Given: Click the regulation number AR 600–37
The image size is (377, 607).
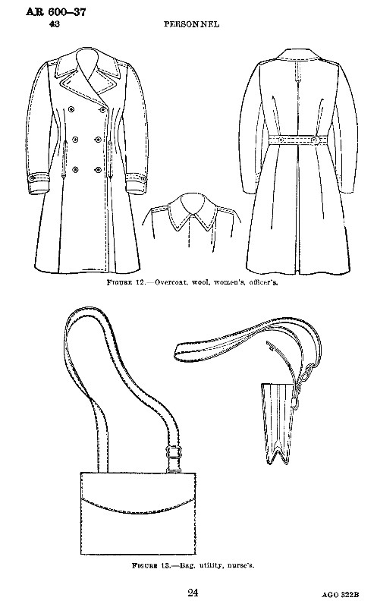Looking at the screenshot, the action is click(x=56, y=11).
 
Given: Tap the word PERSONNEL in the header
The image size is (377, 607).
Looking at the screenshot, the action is click(x=192, y=24).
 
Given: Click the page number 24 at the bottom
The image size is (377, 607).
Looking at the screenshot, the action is click(x=193, y=593).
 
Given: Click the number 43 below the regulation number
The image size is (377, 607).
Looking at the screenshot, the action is click(x=54, y=24).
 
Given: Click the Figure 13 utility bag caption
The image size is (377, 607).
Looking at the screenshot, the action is click(x=193, y=565).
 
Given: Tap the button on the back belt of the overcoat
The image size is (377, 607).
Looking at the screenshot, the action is click(x=314, y=139).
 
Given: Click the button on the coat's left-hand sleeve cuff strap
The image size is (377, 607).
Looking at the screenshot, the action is click(x=33, y=178).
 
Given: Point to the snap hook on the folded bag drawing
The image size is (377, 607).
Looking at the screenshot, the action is click(x=296, y=404).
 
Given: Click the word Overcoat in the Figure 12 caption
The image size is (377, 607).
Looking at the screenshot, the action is click(x=168, y=282).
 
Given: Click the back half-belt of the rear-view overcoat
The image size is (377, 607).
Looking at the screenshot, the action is click(x=298, y=140).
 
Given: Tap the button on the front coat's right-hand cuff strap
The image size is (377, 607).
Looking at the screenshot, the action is click(x=143, y=178).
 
